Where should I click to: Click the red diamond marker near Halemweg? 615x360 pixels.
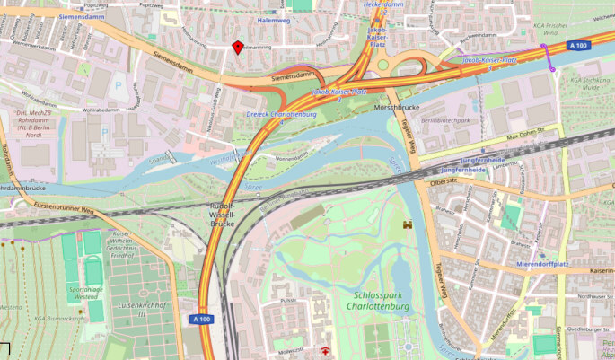point(237,47)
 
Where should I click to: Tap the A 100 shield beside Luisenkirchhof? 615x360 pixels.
point(202,319)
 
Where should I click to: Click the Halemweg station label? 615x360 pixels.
point(274,19)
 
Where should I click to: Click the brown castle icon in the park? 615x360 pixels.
point(407,224)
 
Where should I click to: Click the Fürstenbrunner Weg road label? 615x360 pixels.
point(63,209)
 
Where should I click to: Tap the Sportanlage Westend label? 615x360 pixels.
point(84,294)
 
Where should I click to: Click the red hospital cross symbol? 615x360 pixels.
point(325,351)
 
